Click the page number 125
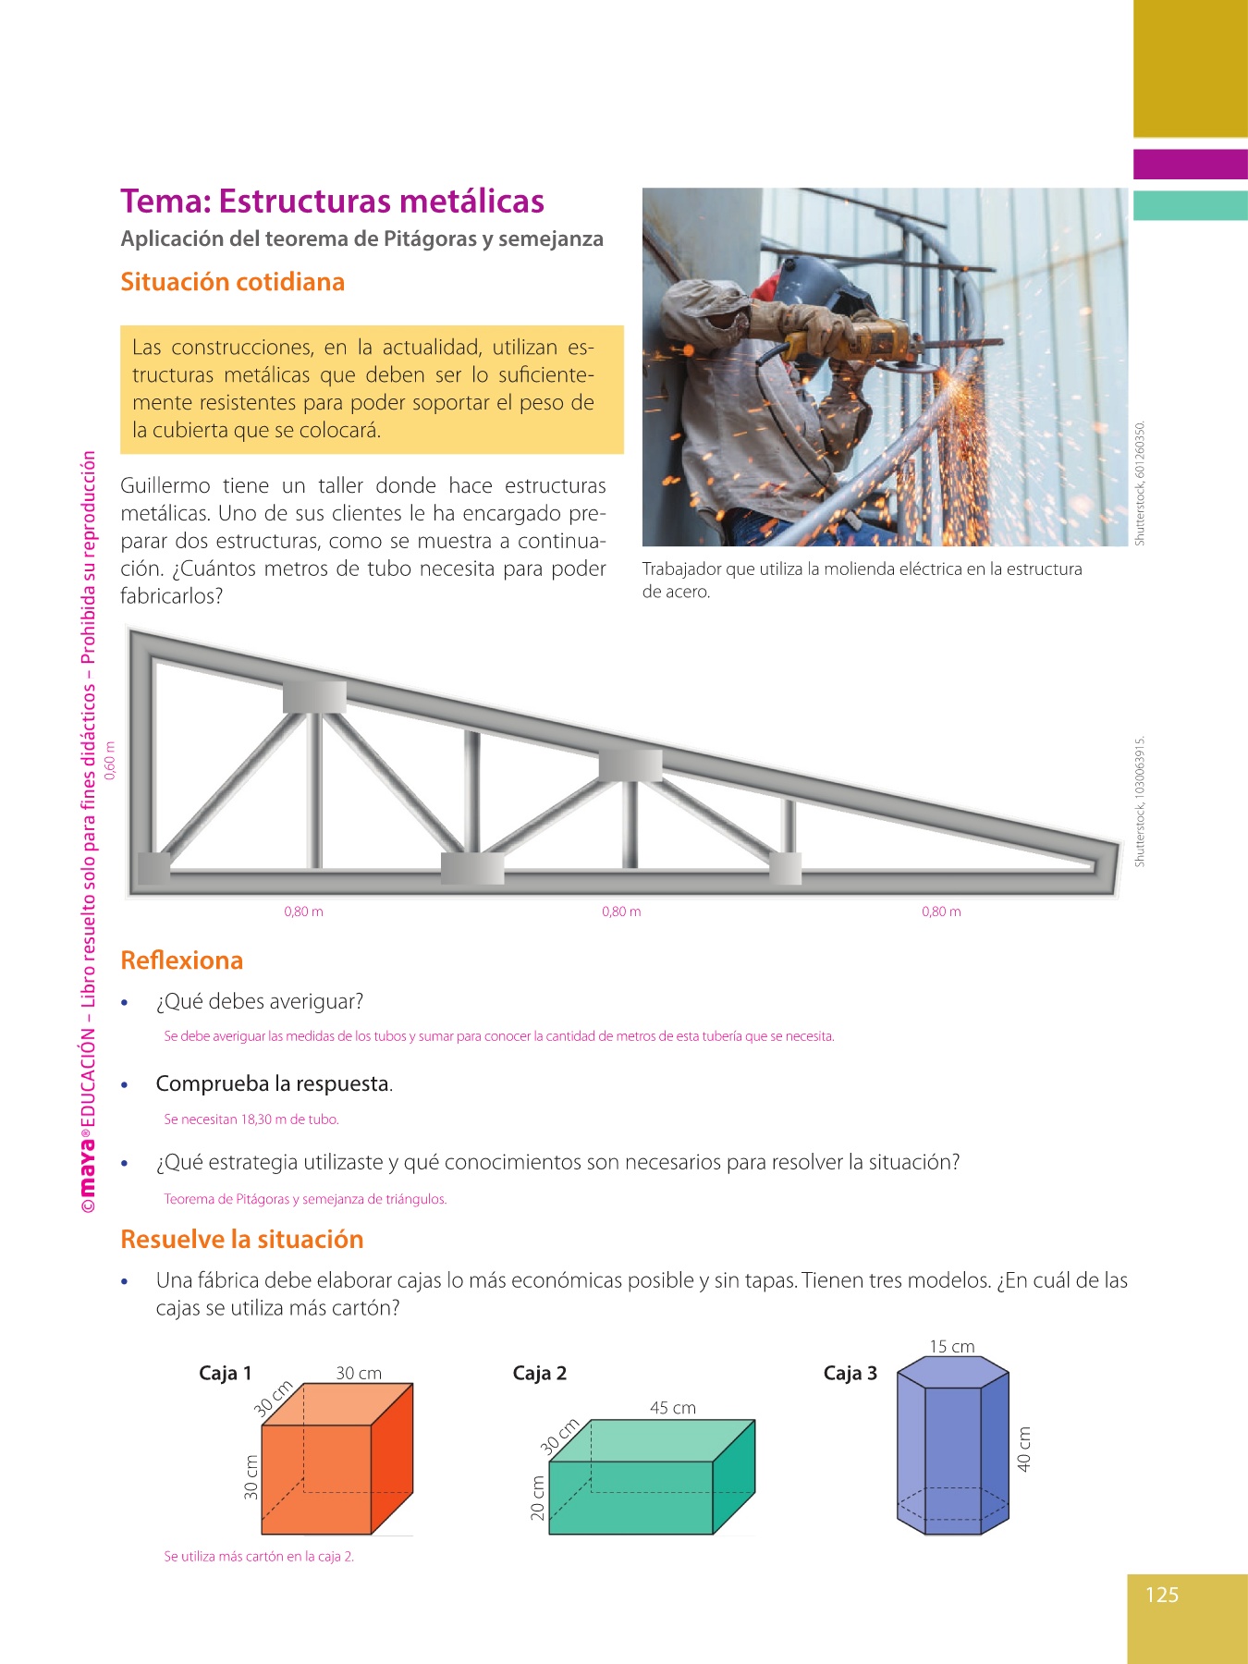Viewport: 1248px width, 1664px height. click(1162, 1595)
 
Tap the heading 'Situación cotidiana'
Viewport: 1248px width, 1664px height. click(232, 282)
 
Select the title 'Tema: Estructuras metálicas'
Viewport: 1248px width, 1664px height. click(332, 202)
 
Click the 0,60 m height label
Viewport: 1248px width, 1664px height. click(110, 761)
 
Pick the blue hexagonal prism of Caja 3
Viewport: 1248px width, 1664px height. click(952, 1447)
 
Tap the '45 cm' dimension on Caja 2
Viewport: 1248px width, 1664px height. click(672, 1408)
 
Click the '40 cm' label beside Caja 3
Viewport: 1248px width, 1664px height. click(1023, 1449)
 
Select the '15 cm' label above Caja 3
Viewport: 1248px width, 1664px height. click(951, 1346)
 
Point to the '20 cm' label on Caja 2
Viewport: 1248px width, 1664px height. click(537, 1498)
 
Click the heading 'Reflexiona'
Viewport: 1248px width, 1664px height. click(181, 960)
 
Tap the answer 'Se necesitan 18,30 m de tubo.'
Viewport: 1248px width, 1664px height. click(251, 1120)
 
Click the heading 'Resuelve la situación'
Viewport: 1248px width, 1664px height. click(242, 1240)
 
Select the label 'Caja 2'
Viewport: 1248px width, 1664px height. click(539, 1373)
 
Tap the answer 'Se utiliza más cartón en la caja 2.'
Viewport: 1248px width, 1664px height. click(259, 1557)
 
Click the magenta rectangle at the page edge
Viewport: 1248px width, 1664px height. click(1190, 165)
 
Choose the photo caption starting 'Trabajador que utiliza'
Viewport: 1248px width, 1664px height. click(862, 580)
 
